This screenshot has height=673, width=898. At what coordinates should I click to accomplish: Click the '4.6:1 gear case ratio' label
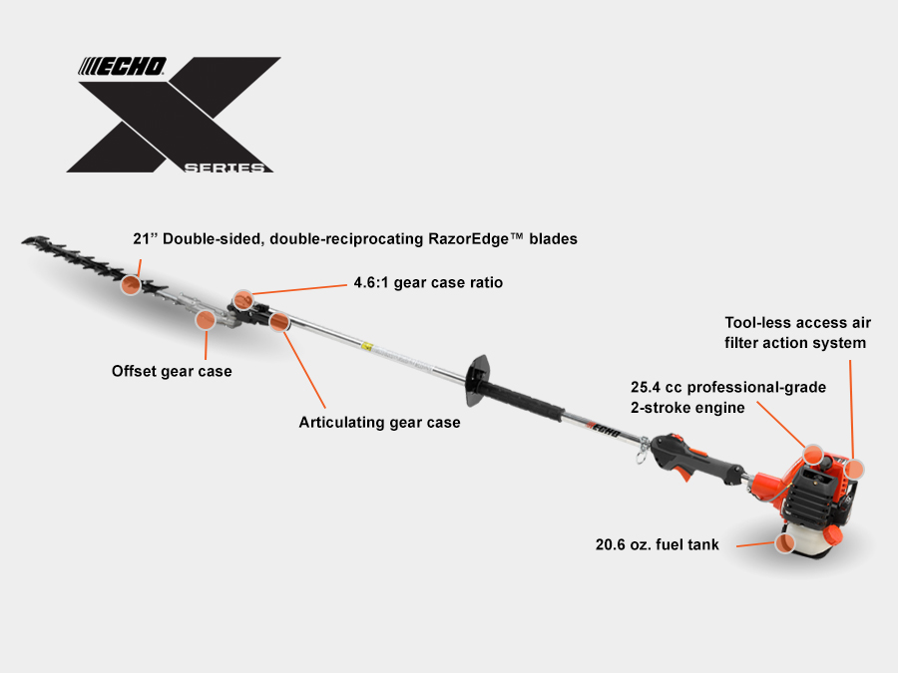(428, 283)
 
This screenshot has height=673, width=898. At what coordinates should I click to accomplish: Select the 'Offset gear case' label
(172, 372)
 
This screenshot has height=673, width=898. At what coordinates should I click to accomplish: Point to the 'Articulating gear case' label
(379, 423)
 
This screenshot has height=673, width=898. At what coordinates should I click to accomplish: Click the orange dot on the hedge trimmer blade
(130, 287)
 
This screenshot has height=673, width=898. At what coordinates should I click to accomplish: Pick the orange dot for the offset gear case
(205, 320)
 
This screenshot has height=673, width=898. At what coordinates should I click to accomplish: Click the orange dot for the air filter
(854, 466)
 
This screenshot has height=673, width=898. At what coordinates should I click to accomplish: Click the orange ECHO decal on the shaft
(602, 432)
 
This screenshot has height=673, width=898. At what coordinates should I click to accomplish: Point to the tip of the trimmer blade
(28, 239)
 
